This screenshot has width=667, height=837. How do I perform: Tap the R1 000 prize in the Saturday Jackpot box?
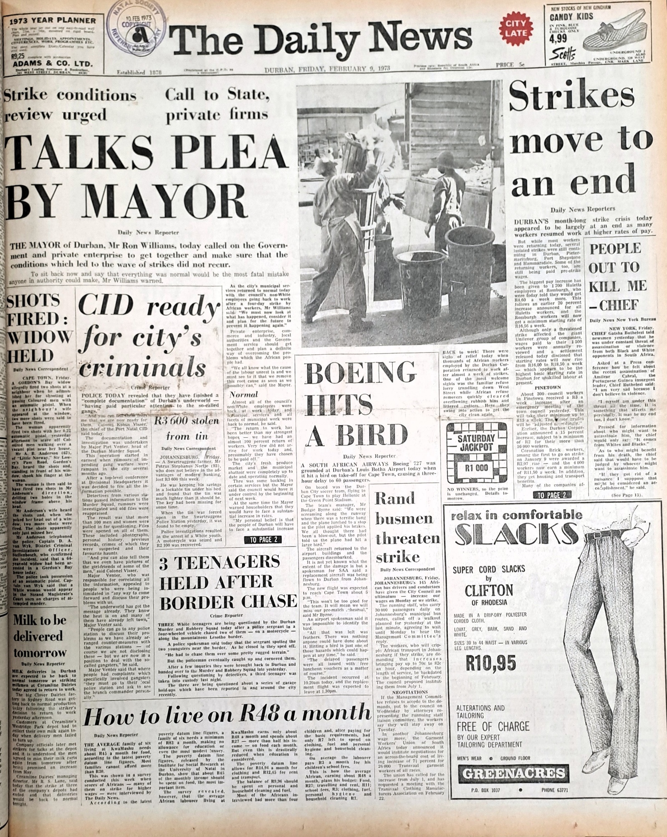pos(476,467)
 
